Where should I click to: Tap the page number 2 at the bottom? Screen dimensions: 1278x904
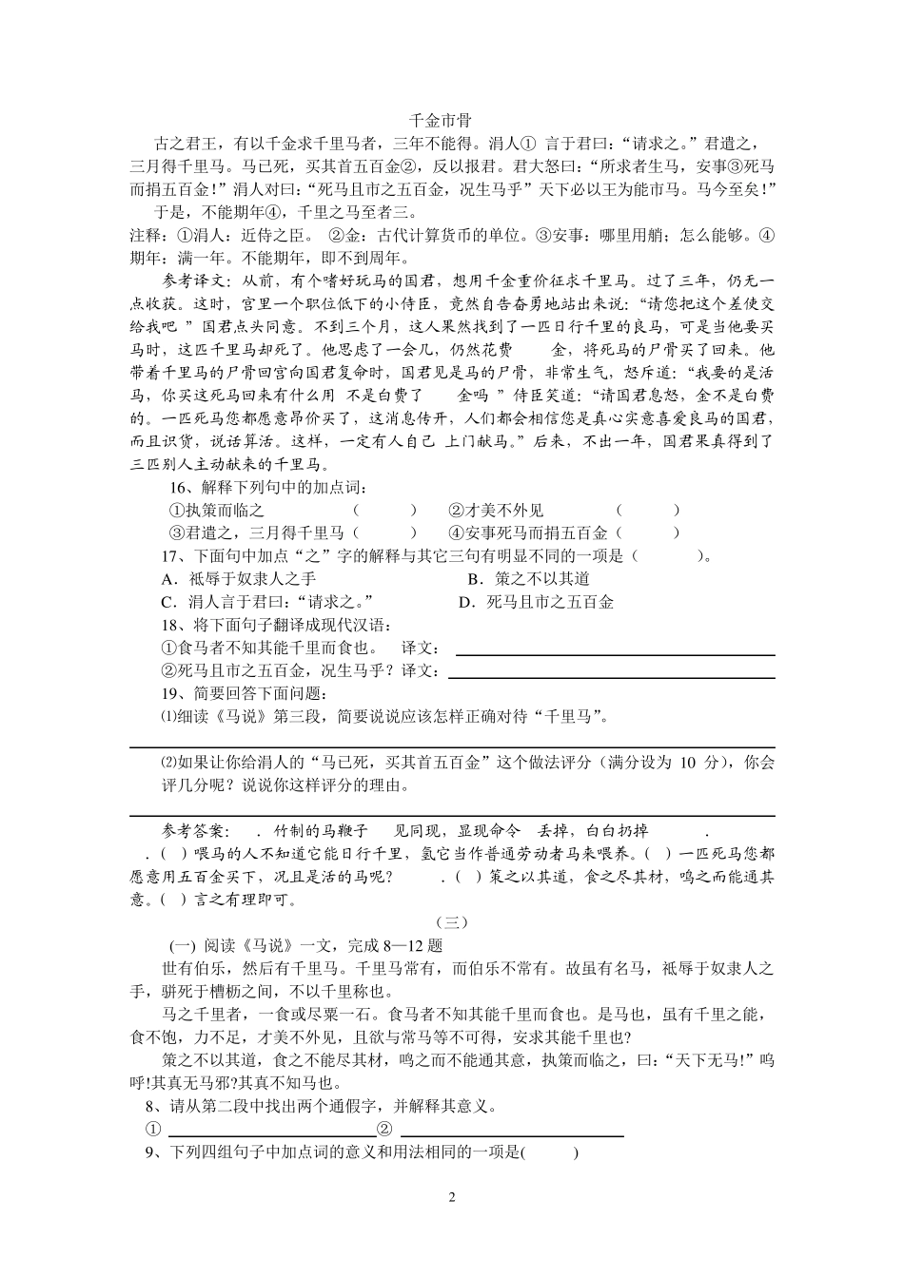[x=452, y=1196]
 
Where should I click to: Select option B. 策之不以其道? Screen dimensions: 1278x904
[x=528, y=579]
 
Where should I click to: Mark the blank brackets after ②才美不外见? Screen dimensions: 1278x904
[x=648, y=511]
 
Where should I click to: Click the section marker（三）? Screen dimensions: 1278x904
[x=452, y=922]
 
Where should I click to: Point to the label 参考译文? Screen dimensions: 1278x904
[x=195, y=281]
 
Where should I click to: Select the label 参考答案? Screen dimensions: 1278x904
[x=195, y=830]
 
